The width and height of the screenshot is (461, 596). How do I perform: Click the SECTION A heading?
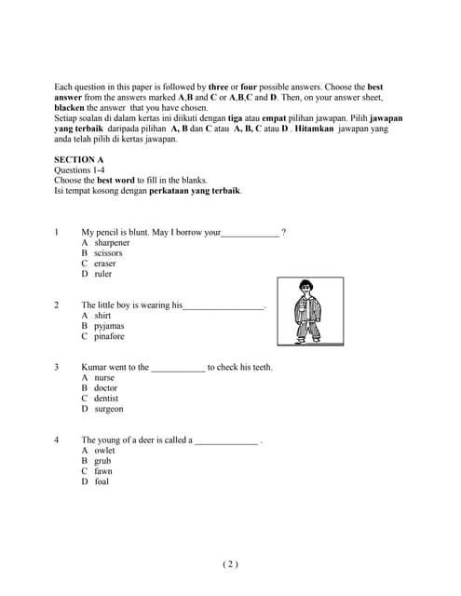click(79, 160)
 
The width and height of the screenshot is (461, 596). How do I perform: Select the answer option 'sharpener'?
click(112, 243)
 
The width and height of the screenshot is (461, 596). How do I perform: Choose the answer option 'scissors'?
click(108, 253)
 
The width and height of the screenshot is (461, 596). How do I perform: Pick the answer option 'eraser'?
click(105, 264)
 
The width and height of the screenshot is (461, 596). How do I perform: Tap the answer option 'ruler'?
click(102, 274)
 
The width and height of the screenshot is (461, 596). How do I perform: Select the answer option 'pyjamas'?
click(109, 326)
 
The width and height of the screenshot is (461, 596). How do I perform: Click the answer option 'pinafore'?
click(109, 336)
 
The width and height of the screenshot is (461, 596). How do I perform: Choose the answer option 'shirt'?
click(102, 316)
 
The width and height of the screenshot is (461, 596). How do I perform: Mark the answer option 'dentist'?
click(106, 399)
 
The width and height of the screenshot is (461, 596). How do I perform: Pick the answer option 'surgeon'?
click(108, 409)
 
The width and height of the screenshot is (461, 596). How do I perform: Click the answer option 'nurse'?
click(104, 378)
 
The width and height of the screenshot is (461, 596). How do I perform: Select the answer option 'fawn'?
click(102, 471)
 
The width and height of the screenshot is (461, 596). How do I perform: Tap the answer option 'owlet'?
click(104, 451)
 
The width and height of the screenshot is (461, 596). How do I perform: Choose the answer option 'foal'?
click(102, 481)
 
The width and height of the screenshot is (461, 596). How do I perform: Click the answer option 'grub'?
click(102, 461)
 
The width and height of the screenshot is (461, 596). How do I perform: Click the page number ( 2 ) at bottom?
click(230, 563)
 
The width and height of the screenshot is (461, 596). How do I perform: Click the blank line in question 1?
click(250, 233)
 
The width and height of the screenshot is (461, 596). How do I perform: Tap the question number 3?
click(57, 368)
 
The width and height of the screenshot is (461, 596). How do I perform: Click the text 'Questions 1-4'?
click(80, 170)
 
